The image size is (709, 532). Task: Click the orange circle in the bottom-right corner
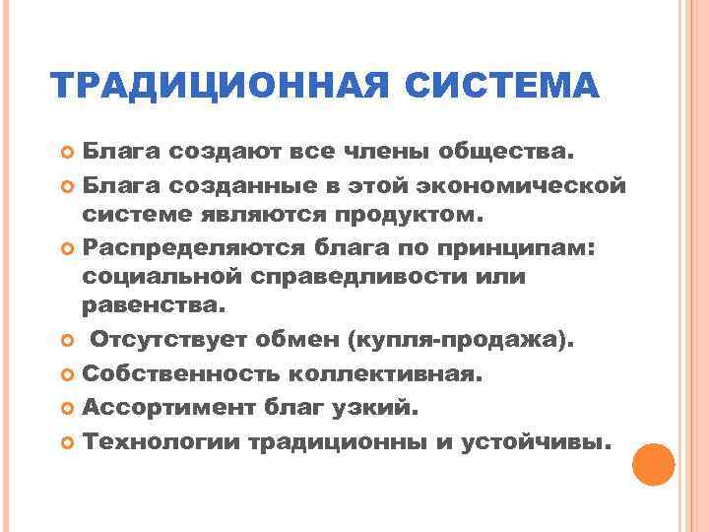pyautogui.click(x=653, y=465)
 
